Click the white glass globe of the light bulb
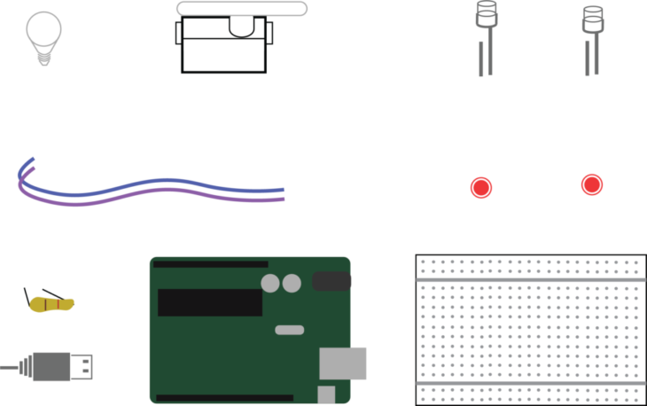43,28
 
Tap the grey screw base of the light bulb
43,57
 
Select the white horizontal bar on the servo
242,9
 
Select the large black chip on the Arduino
210,301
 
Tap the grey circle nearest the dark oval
292,284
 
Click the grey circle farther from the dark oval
270,284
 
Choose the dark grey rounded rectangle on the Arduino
331,282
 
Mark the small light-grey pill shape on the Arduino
290,330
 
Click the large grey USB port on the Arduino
343,363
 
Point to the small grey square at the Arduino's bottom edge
326,394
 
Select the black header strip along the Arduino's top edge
210,264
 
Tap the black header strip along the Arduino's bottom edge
224,398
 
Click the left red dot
481,188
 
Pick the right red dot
592,184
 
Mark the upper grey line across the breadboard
531,280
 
